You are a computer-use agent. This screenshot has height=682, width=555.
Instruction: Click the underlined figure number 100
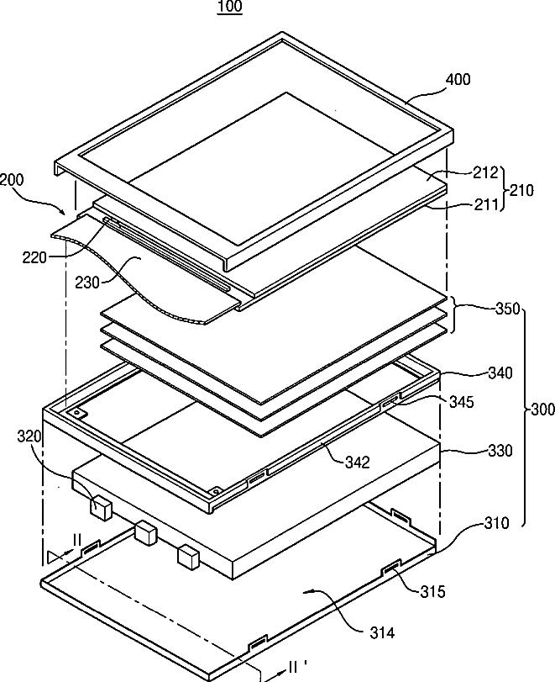coord(230,7)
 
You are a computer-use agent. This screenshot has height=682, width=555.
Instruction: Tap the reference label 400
coord(458,79)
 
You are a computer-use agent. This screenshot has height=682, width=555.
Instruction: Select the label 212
coord(485,172)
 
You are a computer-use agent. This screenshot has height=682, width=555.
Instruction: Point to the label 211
coord(484,204)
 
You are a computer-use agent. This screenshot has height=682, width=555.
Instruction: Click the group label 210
coord(521,190)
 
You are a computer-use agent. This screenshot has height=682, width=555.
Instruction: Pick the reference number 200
coord(12,180)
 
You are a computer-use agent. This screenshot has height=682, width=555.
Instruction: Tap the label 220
coord(34,257)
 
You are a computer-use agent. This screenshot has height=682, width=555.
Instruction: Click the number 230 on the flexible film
coord(87,283)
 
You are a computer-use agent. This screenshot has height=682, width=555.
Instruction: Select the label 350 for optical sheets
coord(508,309)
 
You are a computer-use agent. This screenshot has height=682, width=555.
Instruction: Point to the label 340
coord(500,373)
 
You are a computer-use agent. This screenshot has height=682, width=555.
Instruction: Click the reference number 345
coord(461,402)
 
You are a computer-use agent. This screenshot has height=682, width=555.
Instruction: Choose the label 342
coord(358,462)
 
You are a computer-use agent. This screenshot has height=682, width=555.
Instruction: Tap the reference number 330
coord(500,451)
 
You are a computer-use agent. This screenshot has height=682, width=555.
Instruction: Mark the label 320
coord(29,436)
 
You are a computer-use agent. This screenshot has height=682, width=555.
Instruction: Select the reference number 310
coord(496,522)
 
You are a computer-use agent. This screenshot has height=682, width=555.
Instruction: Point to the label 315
coord(432,591)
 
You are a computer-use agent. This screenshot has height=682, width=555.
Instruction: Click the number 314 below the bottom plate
coord(382,633)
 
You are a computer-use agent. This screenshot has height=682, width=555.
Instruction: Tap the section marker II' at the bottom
coord(297,667)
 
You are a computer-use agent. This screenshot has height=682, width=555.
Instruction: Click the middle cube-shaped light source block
coord(146,534)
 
